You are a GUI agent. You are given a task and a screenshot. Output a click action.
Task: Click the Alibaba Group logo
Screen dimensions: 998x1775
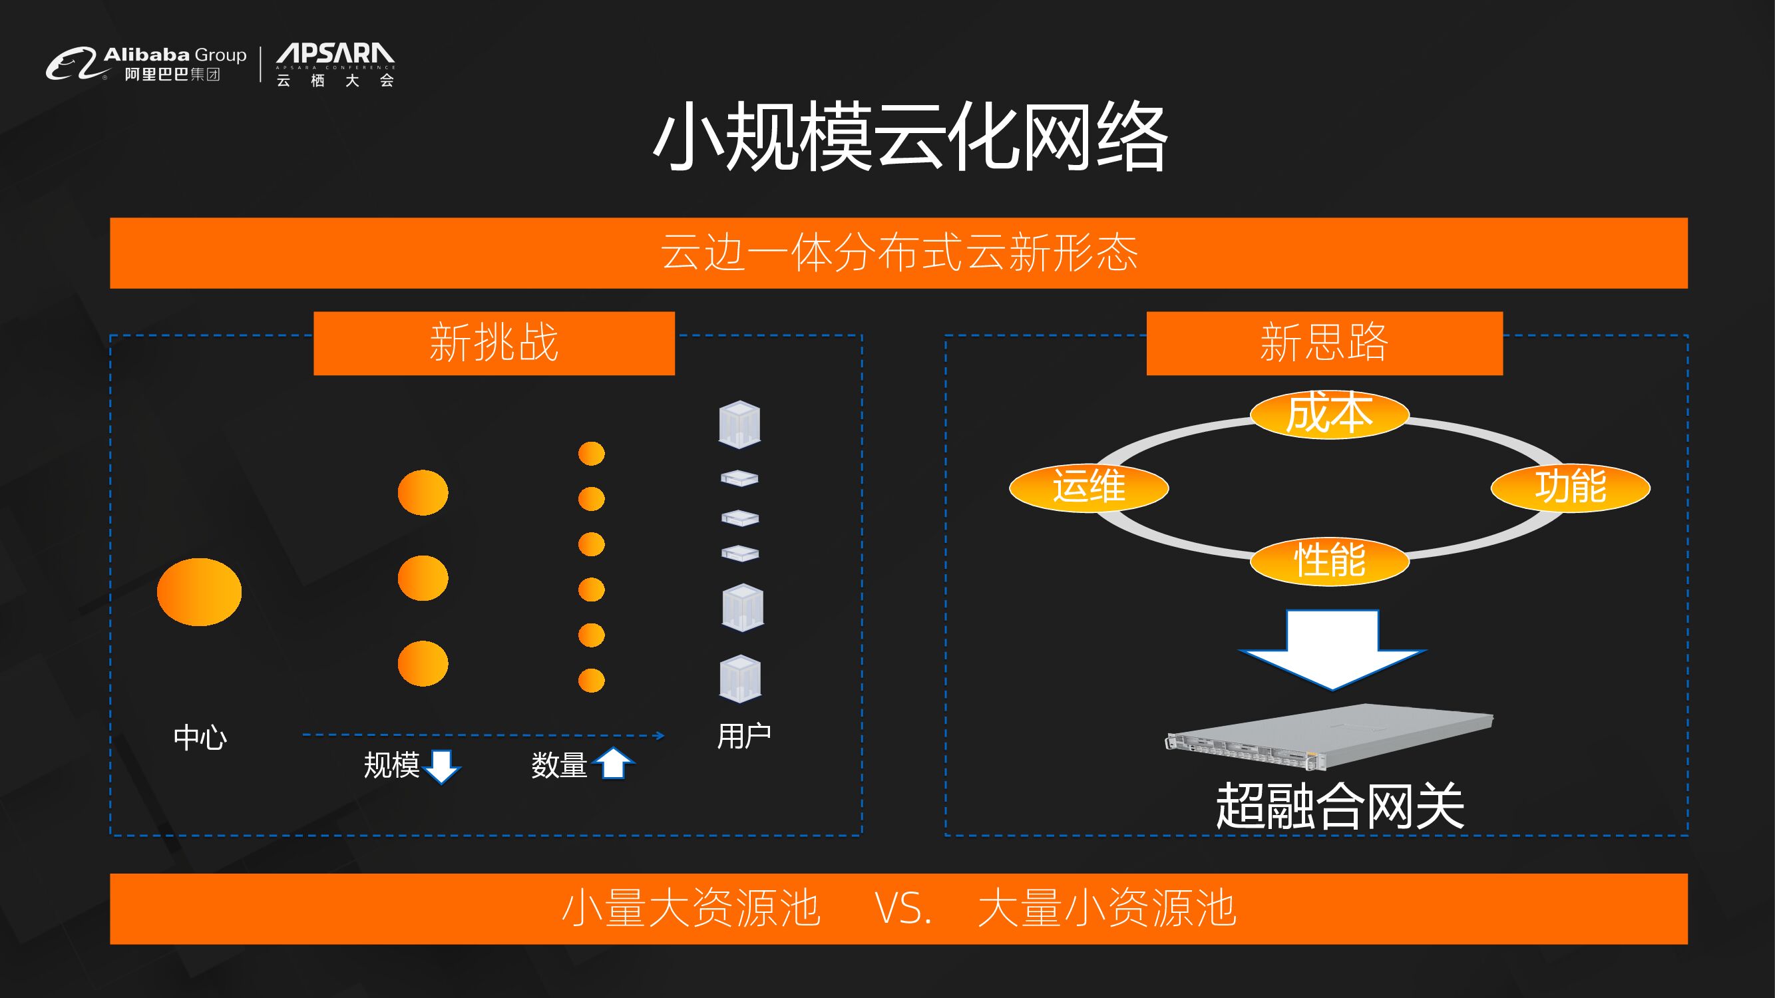(146, 64)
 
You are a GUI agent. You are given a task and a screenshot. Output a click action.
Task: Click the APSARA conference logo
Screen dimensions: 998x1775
(335, 65)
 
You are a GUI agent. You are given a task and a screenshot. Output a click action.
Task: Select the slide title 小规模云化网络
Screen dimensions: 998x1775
(910, 136)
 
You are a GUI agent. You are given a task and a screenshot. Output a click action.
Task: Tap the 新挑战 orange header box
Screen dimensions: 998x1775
(494, 343)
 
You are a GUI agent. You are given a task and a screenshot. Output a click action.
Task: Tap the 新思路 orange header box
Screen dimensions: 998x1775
(1324, 343)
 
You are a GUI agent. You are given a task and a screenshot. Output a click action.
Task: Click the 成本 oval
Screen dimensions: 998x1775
(1329, 414)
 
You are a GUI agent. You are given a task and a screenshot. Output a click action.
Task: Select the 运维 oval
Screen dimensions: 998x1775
(1089, 487)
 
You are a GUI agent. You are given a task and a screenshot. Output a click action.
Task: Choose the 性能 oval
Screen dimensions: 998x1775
(1329, 560)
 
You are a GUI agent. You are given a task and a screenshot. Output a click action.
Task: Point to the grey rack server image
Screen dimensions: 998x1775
(1329, 737)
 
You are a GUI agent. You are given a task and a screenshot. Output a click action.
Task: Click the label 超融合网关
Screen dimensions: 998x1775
(1340, 806)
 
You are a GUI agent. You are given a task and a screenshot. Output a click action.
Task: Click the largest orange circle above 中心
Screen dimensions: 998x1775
(199, 591)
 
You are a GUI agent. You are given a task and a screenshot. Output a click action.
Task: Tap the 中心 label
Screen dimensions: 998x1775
(200, 738)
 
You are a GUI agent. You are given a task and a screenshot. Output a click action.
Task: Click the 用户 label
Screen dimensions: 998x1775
(743, 737)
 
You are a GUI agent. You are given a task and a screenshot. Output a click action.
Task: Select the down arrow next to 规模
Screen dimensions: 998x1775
(442, 766)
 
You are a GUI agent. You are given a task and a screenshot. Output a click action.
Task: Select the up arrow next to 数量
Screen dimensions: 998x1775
(612, 763)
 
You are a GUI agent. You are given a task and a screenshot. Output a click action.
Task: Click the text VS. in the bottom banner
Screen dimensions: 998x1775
(902, 908)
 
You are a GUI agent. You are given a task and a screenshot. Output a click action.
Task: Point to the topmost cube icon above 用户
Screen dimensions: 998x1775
(739, 424)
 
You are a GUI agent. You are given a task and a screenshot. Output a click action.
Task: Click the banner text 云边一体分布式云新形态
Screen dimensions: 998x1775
(898, 253)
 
